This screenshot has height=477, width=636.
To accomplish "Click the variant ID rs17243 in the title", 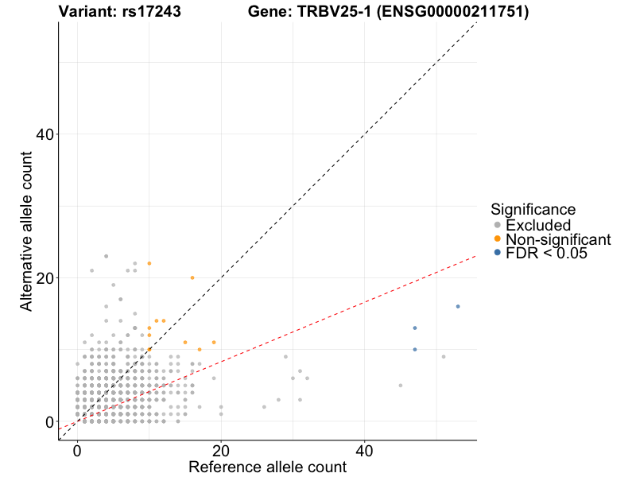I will (x=152, y=12).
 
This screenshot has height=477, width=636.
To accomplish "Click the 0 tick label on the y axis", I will (x=48, y=421).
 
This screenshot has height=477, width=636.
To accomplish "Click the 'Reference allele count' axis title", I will (x=267, y=467).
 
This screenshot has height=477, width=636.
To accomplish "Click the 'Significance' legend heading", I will (x=533, y=210).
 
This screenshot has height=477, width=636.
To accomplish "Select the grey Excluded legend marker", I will (x=498, y=226).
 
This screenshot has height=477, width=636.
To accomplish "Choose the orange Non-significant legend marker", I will (x=498, y=239).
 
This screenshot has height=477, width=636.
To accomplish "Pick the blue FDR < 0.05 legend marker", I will (x=498, y=253).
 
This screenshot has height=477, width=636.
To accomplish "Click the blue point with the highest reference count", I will (x=458, y=307).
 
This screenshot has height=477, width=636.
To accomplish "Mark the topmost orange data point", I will (x=149, y=263).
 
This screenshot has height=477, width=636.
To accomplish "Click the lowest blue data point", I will (x=415, y=350).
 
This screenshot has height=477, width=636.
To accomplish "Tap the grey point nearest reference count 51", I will (x=444, y=357).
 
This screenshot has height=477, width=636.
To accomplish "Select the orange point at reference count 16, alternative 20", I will (x=192, y=277).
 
